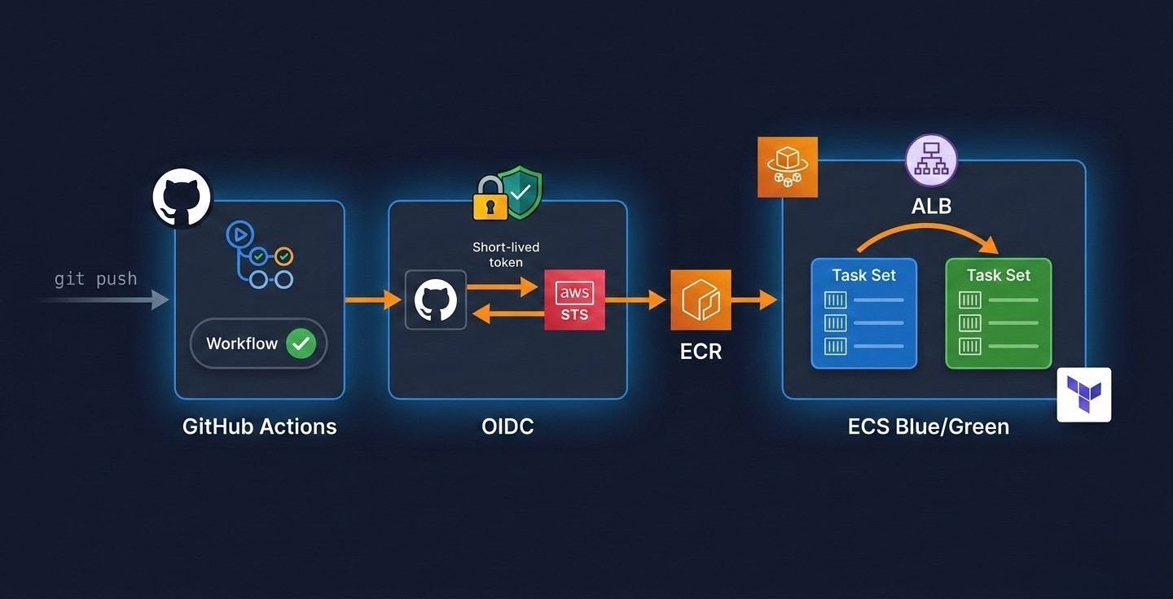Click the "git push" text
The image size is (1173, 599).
click(x=95, y=279)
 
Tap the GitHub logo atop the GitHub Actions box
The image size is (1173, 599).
click(x=182, y=198)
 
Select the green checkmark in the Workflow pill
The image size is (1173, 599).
click(x=301, y=343)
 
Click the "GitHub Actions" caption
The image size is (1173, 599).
click(x=259, y=426)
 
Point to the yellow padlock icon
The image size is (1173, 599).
click(x=490, y=200)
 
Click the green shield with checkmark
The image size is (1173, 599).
click(x=520, y=194)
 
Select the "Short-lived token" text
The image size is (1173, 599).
click(x=506, y=254)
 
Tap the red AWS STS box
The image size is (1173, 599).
click(x=574, y=300)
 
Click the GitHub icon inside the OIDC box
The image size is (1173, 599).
click(x=436, y=300)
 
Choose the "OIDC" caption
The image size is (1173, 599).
click(x=507, y=426)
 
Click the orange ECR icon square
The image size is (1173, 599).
click(x=701, y=300)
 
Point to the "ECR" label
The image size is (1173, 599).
click(x=701, y=352)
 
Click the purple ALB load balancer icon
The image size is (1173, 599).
click(x=931, y=161)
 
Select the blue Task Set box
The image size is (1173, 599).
click(x=863, y=313)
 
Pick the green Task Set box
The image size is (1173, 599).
click(x=998, y=313)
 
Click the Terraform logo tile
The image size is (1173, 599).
click(x=1083, y=395)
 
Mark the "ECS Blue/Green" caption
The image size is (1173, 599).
click(x=928, y=426)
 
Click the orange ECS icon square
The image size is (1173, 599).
click(x=787, y=167)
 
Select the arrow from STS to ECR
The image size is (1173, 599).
click(x=636, y=300)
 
